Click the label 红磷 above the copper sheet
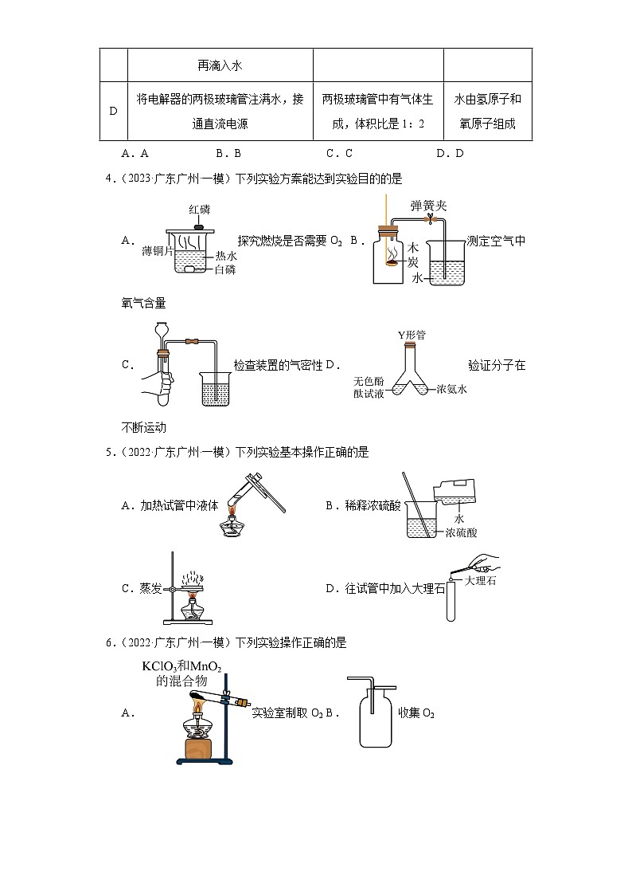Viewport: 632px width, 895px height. tap(199, 210)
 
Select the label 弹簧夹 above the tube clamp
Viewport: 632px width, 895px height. tap(429, 206)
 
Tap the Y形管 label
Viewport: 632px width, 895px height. tap(411, 336)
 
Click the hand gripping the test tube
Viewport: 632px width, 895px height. tap(163, 383)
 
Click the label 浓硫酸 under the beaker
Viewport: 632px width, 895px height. tap(461, 532)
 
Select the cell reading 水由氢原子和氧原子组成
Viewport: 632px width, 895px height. tap(487, 112)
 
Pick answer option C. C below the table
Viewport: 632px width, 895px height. tap(339, 154)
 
